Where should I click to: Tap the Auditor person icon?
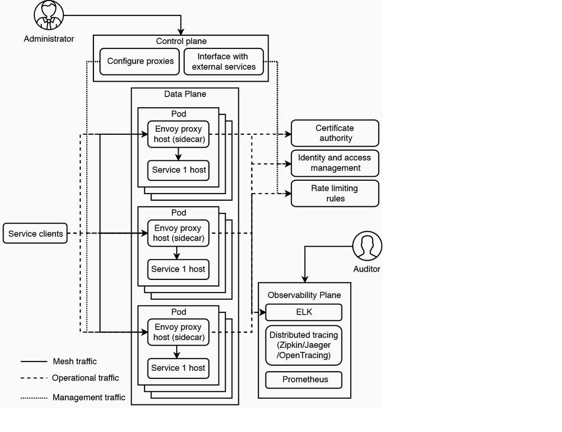click(x=367, y=247)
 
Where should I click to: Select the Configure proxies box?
click(x=140, y=61)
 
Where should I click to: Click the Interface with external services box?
click(x=224, y=61)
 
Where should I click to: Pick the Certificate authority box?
click(x=335, y=133)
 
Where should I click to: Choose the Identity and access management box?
click(x=335, y=163)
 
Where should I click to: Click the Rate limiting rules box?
click(x=335, y=194)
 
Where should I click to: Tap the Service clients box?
click(x=36, y=234)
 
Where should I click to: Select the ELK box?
click(x=304, y=312)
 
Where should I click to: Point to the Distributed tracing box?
click(x=304, y=345)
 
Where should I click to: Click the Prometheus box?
click(x=305, y=380)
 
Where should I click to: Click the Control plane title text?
click(x=181, y=41)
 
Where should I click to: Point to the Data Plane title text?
click(x=185, y=94)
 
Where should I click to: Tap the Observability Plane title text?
click(x=304, y=295)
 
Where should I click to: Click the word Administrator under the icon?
click(x=49, y=39)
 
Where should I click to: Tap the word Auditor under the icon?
click(x=366, y=269)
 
